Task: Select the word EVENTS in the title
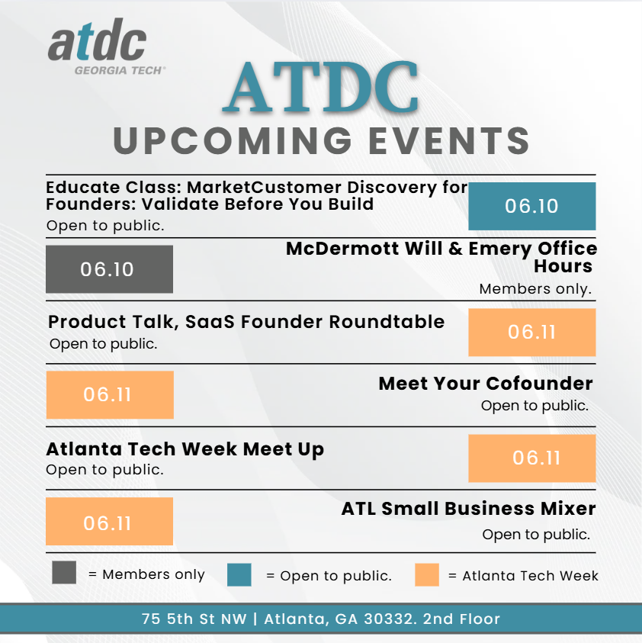[447, 141]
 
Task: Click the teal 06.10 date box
[531, 206]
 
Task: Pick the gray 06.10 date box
[109, 269]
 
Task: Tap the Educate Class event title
[256, 196]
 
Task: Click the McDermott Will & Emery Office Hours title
[441, 258]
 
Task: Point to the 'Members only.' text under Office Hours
[535, 289]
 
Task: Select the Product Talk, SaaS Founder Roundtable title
[246, 322]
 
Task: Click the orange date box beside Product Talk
[531, 333]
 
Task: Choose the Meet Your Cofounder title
[485, 384]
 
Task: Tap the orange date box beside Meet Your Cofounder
[110, 395]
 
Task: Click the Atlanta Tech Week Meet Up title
[185, 449]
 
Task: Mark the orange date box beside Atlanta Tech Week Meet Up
[531, 458]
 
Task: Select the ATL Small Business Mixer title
[468, 509]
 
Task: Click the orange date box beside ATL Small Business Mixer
[110, 522]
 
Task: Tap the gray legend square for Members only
[64, 573]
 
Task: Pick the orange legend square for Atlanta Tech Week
[427, 574]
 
